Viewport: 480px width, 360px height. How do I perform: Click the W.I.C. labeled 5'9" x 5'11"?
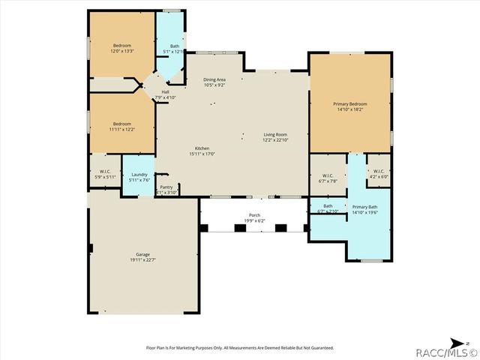(104, 174)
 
